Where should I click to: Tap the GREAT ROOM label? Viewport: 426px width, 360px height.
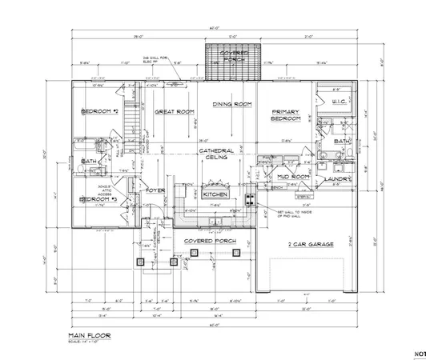click(171, 112)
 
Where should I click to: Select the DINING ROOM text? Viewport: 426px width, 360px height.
click(232, 105)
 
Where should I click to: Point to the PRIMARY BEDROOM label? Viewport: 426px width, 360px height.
click(286, 115)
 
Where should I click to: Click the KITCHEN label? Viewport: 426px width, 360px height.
click(215, 194)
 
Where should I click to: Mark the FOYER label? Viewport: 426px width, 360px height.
click(155, 190)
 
